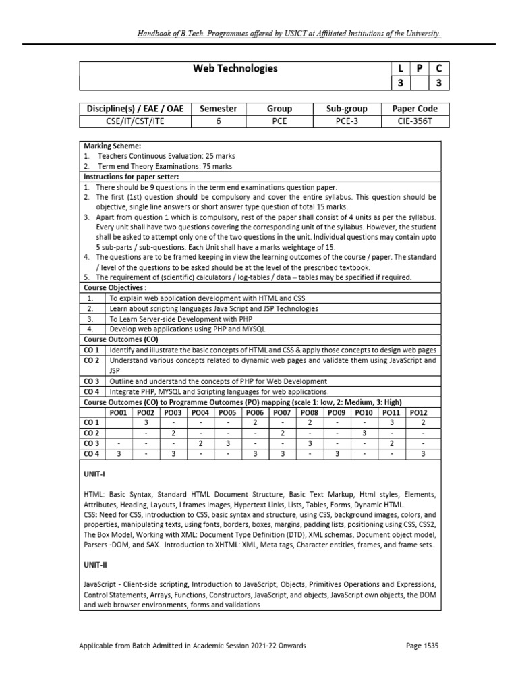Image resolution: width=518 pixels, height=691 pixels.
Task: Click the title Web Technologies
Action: [x=235, y=68]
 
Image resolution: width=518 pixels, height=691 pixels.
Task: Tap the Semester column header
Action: [x=219, y=109]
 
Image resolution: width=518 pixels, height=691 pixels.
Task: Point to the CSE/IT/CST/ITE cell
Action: [x=136, y=121]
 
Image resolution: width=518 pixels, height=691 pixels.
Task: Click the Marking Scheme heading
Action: [x=107, y=146]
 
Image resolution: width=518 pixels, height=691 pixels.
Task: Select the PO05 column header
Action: [x=228, y=412]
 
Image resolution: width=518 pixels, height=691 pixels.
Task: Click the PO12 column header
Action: [x=419, y=412]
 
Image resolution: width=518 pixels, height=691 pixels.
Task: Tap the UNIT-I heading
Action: [x=93, y=474]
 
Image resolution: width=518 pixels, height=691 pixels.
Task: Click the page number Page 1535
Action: [x=422, y=646]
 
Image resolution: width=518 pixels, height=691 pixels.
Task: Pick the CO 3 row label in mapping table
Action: [x=91, y=443]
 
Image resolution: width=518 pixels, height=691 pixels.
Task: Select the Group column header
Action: [x=279, y=109]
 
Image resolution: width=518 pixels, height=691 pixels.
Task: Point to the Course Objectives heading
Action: [x=115, y=287]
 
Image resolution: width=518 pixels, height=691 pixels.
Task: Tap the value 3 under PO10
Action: [x=364, y=433]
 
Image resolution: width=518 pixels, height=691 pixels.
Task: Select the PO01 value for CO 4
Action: [x=119, y=453]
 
